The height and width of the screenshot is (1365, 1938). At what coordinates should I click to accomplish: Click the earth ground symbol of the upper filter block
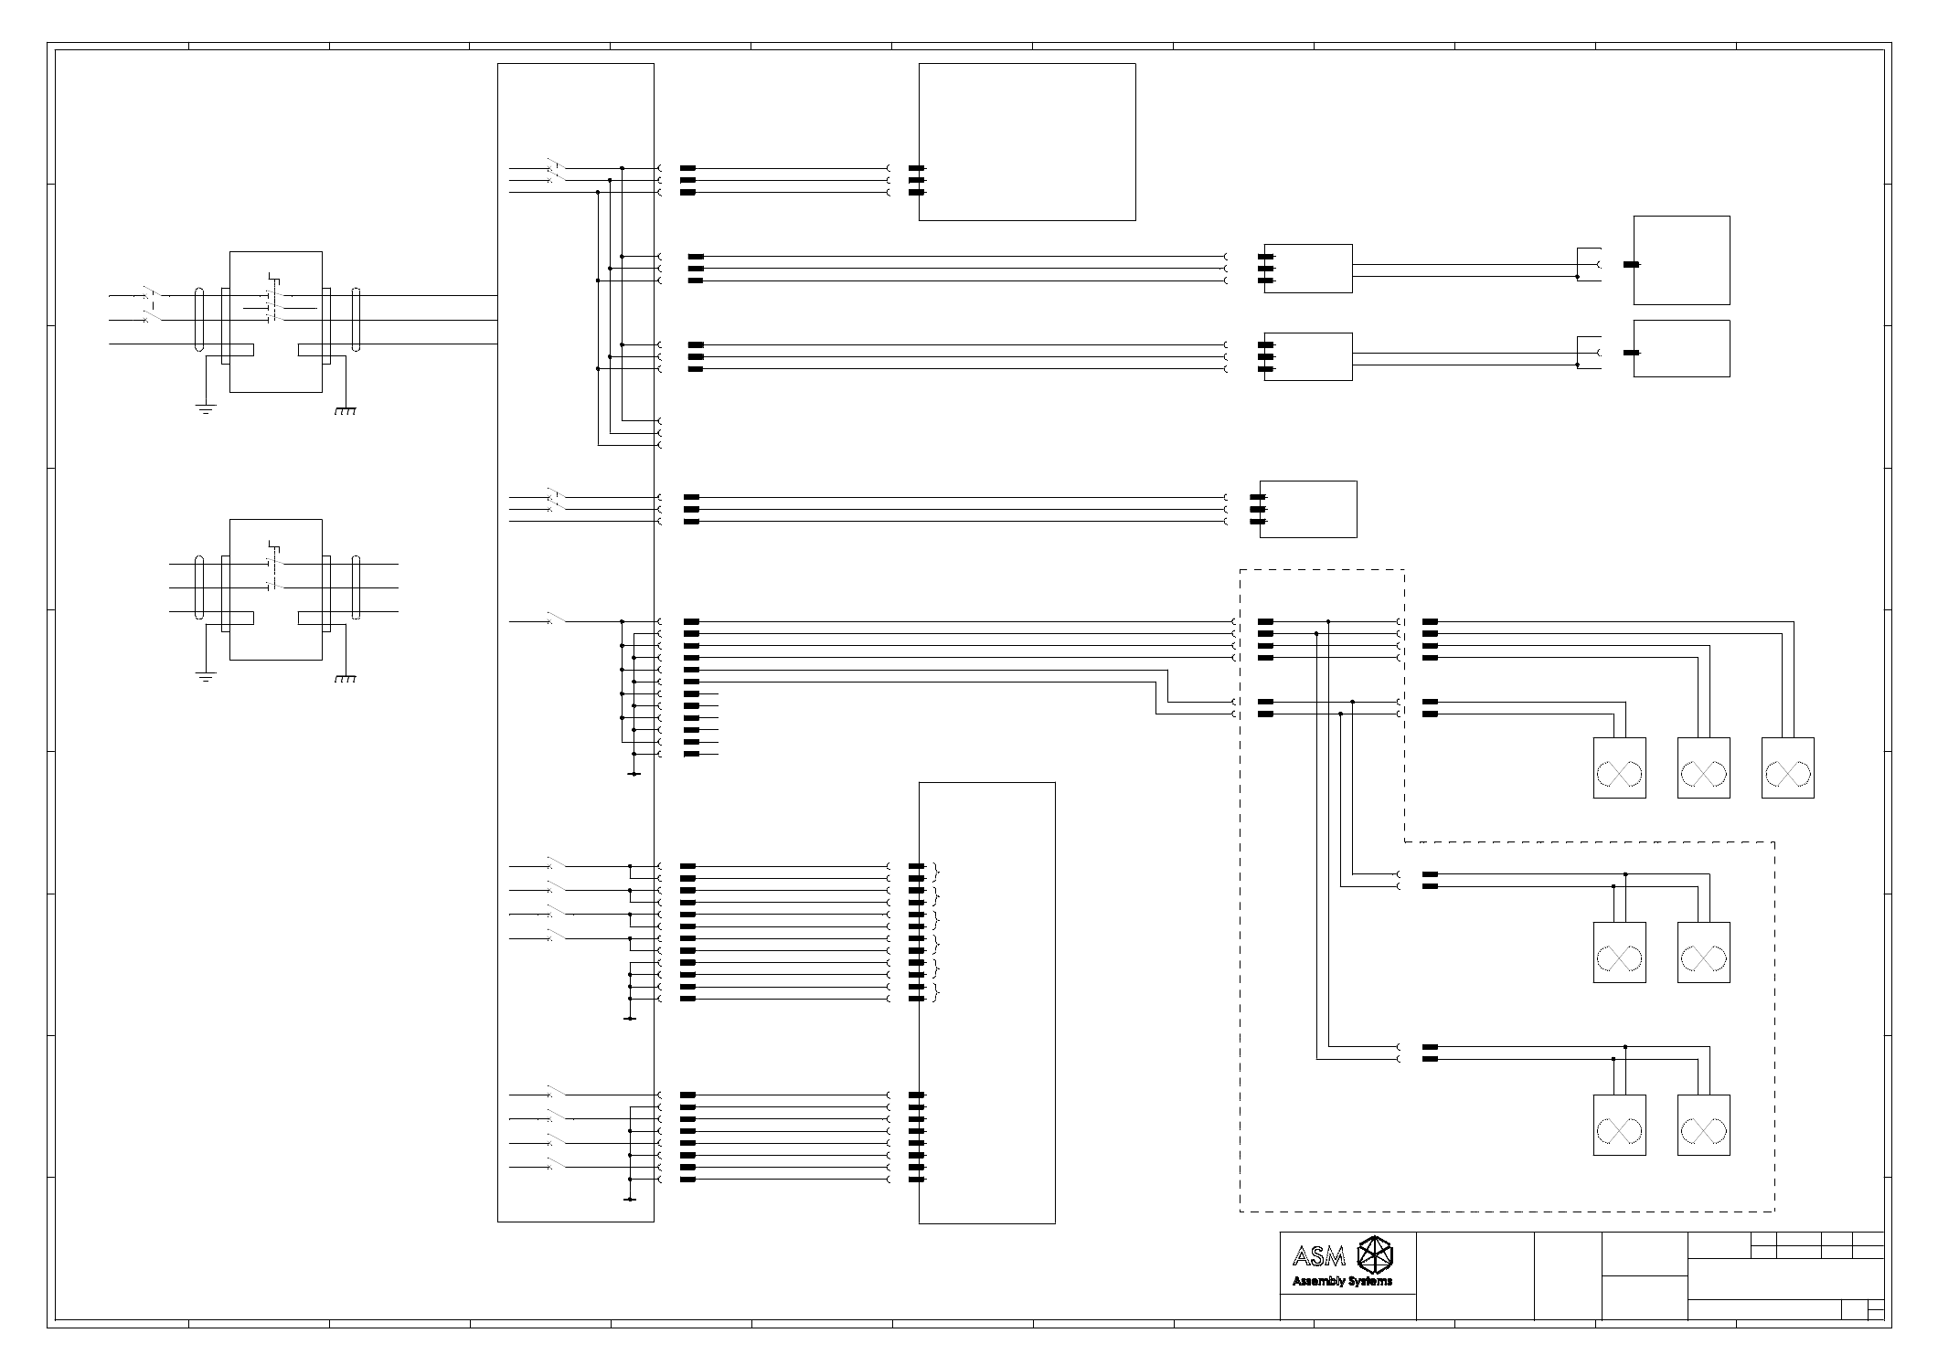(x=206, y=408)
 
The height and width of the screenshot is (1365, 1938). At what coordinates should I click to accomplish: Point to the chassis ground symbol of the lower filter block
(x=345, y=679)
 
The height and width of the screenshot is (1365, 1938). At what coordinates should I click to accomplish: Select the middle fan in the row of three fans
(x=1704, y=768)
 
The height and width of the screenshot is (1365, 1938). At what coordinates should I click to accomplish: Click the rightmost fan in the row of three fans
(x=1788, y=768)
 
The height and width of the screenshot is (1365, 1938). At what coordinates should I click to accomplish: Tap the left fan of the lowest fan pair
(x=1620, y=1126)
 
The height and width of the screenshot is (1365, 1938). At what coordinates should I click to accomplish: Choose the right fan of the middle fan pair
(x=1704, y=953)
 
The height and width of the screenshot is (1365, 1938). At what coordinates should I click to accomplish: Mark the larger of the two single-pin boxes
(x=1681, y=260)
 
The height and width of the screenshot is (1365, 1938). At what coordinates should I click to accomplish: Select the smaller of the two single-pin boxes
(x=1681, y=348)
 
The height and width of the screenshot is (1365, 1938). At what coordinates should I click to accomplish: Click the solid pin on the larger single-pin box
(x=1631, y=265)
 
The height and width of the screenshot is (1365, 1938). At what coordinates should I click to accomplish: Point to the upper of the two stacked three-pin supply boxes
(x=1308, y=269)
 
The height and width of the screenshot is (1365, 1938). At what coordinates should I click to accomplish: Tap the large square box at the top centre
(x=1027, y=142)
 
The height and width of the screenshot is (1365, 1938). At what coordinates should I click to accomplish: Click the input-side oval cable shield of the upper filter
(x=199, y=320)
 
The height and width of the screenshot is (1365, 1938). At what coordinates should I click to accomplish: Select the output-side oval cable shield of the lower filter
(x=357, y=588)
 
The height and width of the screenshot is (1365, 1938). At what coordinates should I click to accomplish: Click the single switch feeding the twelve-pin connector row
(x=554, y=620)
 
